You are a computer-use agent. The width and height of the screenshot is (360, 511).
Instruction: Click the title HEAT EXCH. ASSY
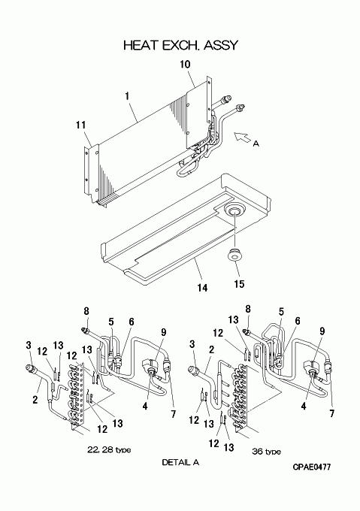[x=180, y=45]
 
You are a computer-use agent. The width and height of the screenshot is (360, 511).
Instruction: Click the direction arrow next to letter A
[x=243, y=138]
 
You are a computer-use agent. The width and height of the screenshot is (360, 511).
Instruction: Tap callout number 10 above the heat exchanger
[x=185, y=64]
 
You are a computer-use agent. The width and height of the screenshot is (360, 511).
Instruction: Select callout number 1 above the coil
[x=127, y=96]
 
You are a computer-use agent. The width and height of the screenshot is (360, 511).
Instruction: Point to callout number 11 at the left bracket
[x=81, y=125]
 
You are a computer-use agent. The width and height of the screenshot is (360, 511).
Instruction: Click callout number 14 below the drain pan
[x=202, y=287]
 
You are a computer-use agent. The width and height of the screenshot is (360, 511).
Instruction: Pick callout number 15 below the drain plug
[x=239, y=284]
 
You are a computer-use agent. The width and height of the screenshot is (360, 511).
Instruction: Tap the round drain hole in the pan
[x=234, y=212]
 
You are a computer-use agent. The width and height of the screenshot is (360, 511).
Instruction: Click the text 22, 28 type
[x=109, y=450]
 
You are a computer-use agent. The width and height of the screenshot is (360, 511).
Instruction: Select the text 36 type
[x=266, y=452]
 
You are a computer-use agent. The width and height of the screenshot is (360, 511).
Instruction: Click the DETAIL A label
[x=180, y=462]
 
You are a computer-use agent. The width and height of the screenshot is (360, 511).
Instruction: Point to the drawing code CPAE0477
[x=311, y=467]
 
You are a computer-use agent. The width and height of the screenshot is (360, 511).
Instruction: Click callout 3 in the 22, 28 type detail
[x=29, y=344]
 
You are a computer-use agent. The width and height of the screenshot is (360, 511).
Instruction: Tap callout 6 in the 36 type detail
[x=298, y=321]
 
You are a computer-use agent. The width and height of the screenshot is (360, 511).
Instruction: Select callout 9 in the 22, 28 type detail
[x=164, y=332]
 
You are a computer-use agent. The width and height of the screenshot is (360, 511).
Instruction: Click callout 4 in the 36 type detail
[x=304, y=406]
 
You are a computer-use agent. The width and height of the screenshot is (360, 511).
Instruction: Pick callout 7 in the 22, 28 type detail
[x=174, y=414]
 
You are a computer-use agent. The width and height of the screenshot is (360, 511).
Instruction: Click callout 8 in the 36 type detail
[x=248, y=308]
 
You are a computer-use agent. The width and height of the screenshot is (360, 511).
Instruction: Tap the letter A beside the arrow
[x=256, y=144]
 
